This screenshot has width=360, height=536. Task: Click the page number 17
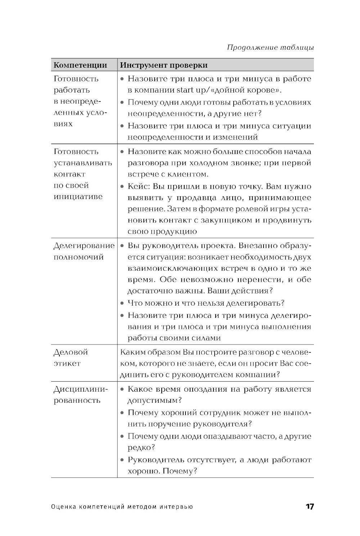(310, 506)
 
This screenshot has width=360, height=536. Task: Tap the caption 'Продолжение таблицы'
(270, 48)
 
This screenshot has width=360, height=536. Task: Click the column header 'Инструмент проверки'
(163, 65)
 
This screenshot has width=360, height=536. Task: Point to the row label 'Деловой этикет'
(71, 357)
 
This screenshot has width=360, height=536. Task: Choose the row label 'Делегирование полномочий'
(84, 251)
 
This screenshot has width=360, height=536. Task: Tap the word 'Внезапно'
(257, 246)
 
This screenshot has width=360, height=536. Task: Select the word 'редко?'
(141, 447)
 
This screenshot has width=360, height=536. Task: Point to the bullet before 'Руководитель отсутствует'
(122, 460)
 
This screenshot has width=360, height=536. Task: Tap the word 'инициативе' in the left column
(78, 197)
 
